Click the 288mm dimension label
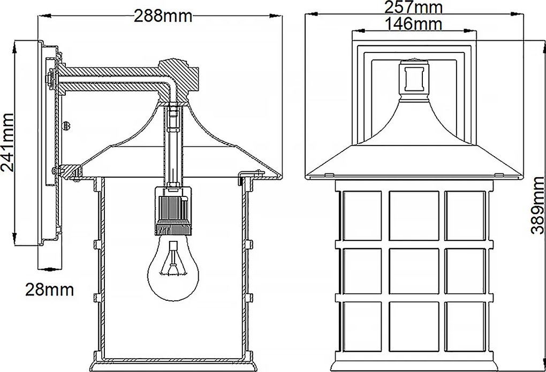click(163, 16)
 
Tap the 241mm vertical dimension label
click(7, 142)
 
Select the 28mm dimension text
click(49, 290)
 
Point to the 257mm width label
click(413, 7)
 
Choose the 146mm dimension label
click(413, 24)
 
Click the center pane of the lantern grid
click(414, 271)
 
